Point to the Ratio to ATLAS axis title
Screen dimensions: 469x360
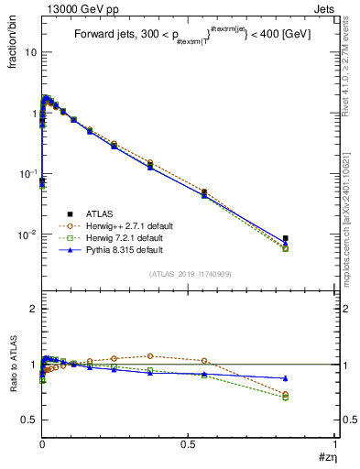click(x=13, y=366)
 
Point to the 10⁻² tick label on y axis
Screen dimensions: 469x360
click(x=27, y=234)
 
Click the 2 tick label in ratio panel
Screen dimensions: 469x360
click(x=33, y=309)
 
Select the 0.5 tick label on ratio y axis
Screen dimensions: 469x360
click(x=29, y=420)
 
